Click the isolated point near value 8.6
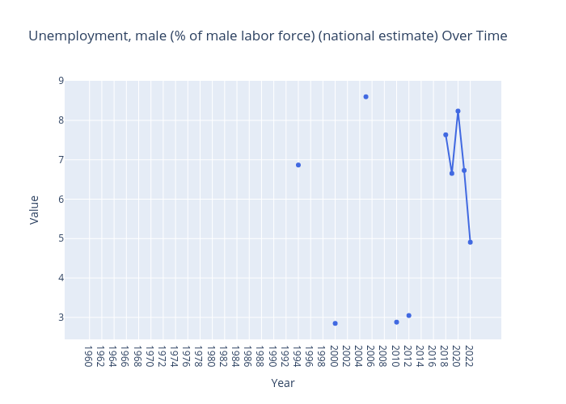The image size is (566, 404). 365,97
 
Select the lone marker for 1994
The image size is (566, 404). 298,165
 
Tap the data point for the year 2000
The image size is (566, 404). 335,323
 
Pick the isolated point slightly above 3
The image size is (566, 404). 408,316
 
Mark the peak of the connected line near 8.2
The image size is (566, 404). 458,112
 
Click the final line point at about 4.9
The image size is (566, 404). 470,242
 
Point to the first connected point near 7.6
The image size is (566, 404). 446,135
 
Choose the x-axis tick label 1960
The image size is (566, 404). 87,356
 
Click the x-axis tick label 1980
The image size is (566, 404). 210,356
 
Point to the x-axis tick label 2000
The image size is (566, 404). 333,356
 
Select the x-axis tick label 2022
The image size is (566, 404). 468,356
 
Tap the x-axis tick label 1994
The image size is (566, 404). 296,356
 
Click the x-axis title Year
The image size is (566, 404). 283,384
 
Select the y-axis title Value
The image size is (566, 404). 35,209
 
